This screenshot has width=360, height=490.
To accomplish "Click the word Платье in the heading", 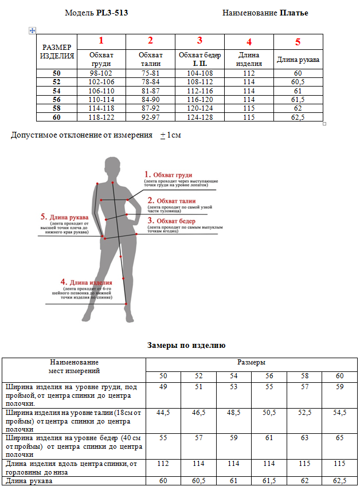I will (x=294, y=13).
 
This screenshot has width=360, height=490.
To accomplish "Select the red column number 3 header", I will (x=199, y=41).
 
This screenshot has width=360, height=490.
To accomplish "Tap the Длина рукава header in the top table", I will (x=298, y=59).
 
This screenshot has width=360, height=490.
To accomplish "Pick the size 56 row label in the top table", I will (x=56, y=99).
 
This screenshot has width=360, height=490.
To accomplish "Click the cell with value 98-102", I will (x=101, y=73).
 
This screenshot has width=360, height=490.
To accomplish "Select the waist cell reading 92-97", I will (x=150, y=117).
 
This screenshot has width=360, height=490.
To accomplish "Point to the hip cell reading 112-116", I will (x=199, y=91).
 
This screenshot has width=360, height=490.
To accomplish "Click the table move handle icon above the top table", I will (x=33, y=30).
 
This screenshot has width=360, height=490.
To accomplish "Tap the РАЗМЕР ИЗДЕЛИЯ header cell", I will (x=57, y=52).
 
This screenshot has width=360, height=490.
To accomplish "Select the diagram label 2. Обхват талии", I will (x=171, y=201).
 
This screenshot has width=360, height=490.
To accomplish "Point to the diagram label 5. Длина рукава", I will (x=64, y=217).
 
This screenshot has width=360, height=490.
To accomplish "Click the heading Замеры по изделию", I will (x=186, y=346).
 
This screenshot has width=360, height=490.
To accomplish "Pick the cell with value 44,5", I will (x=163, y=413).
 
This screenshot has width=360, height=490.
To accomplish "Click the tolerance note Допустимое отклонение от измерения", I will (x=82, y=135).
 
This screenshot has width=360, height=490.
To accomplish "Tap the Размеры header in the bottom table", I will (x=251, y=362).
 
